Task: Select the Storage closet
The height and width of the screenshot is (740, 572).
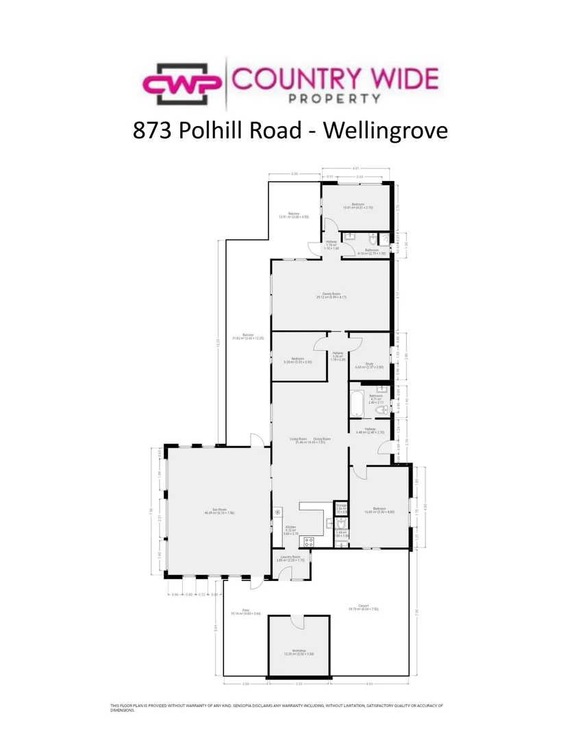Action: [340, 508]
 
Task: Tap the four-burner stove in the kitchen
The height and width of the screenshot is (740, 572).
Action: [308, 541]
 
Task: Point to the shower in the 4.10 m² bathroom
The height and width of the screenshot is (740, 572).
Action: [384, 239]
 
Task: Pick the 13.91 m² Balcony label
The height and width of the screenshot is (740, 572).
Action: [293, 215]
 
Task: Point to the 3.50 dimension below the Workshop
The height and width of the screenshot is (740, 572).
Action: [299, 684]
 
